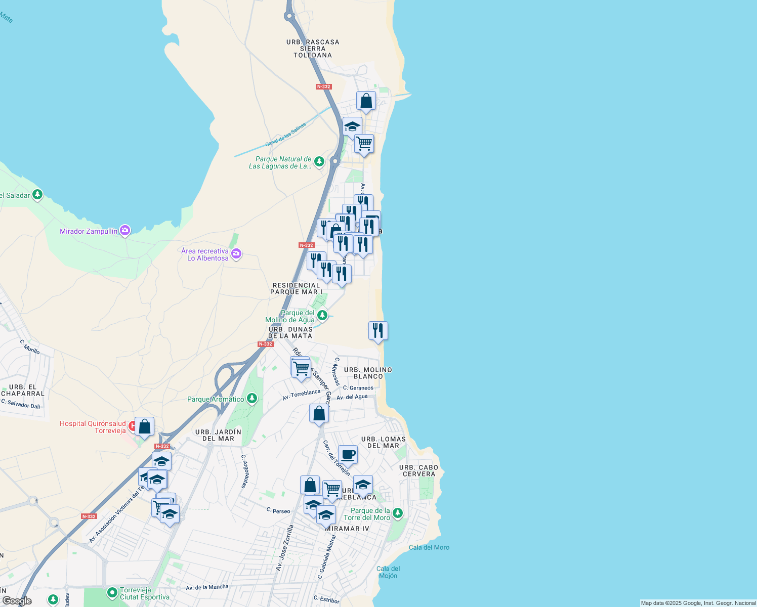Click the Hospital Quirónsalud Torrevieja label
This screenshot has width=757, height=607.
(x=93, y=427)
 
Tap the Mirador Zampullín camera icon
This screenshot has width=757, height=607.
(x=125, y=231)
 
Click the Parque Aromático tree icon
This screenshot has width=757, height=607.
(x=252, y=399)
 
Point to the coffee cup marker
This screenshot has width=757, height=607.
(x=348, y=454)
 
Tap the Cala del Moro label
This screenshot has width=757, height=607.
(x=429, y=547)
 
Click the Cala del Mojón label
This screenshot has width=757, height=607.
(x=388, y=572)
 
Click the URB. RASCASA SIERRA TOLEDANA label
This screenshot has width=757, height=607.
(x=313, y=49)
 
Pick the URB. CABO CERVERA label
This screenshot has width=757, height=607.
(x=418, y=470)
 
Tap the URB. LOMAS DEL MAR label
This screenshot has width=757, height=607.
(x=384, y=442)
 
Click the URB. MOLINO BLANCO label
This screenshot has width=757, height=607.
(x=368, y=373)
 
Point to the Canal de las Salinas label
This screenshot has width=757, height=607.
(x=286, y=134)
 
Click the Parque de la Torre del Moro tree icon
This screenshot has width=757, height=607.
(x=398, y=513)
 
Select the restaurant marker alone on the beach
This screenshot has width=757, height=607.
(x=378, y=331)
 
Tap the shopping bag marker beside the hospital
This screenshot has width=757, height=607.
(x=144, y=426)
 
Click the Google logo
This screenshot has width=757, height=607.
(x=17, y=601)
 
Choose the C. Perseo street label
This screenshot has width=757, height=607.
(x=278, y=510)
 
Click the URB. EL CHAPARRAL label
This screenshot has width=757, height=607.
(x=23, y=390)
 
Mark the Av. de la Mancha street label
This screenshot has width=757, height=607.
(x=207, y=587)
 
